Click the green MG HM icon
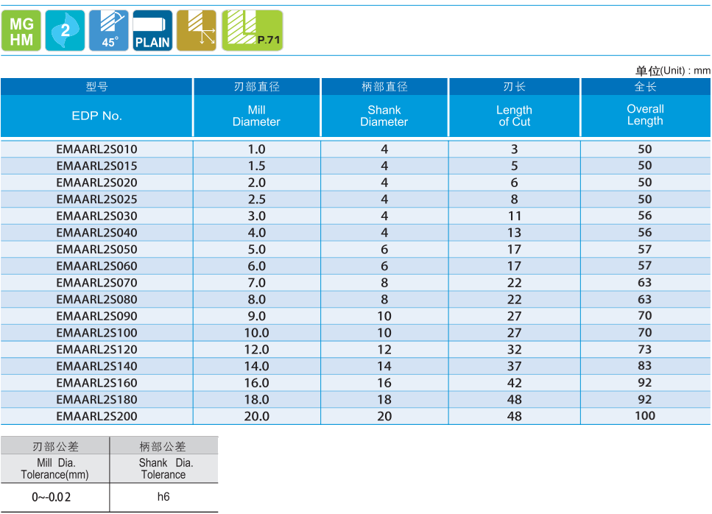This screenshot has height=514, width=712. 21,31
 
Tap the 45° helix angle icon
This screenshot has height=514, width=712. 109,31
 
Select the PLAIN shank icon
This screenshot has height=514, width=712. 152,31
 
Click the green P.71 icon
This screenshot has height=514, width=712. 252,31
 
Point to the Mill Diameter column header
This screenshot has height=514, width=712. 256,116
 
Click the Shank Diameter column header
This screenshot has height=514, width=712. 384,116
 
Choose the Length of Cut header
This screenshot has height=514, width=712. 514,116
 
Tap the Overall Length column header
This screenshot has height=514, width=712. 645,115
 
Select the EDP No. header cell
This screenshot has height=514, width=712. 96,116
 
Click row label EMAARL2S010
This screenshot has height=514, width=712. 96,149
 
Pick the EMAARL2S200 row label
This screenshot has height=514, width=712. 96,416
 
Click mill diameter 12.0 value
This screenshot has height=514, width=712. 256,350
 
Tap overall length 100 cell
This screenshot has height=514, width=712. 645,416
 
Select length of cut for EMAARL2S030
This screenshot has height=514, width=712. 514,216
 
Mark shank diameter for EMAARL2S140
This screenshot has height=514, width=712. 384,366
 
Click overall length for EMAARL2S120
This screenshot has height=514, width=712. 645,350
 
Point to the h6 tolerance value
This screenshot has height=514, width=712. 163,497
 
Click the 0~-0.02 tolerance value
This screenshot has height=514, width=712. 52,497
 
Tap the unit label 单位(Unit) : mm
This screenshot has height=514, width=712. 672,71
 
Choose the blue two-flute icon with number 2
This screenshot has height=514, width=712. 65,31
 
